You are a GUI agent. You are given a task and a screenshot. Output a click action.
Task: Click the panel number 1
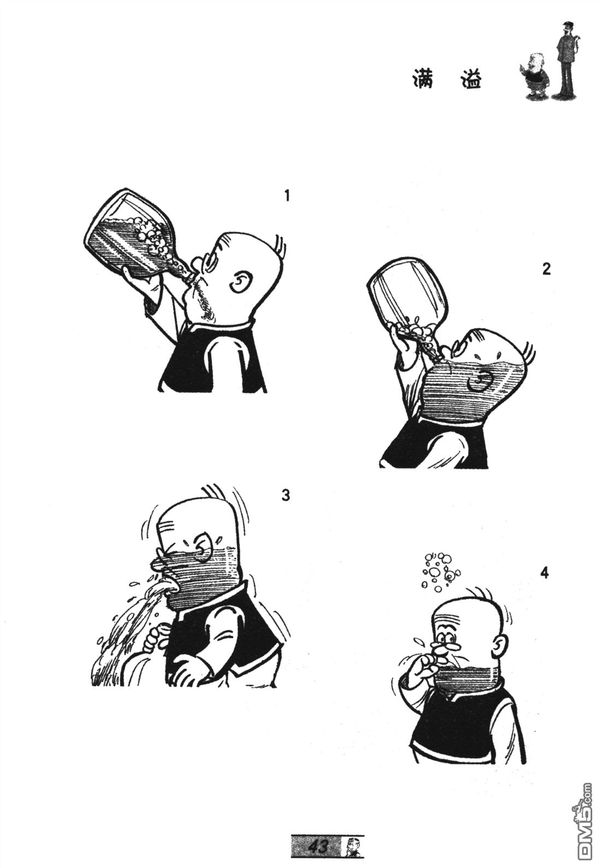click(x=286, y=197)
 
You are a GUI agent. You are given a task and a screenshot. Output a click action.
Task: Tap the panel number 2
click(x=546, y=269)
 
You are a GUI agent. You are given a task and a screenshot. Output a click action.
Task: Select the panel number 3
click(x=286, y=495)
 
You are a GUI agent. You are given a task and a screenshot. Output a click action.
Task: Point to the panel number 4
click(x=544, y=573)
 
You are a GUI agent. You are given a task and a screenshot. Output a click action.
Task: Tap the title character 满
click(x=422, y=79)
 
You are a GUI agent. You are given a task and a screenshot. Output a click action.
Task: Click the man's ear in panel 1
click(x=240, y=284)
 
